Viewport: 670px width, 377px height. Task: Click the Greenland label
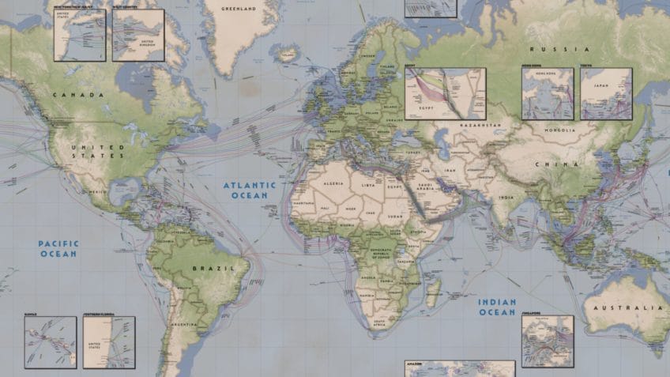point(240,9)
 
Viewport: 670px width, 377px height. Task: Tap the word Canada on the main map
point(78,95)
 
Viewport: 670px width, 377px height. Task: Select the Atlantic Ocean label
point(249,190)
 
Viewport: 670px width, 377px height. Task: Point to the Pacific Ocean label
point(58,249)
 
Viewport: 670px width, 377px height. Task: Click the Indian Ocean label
point(497,307)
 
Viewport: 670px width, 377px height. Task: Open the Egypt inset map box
point(445,93)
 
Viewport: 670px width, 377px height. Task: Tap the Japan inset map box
point(606,93)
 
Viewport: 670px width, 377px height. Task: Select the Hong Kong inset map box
point(548,93)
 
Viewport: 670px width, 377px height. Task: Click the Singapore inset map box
point(548,341)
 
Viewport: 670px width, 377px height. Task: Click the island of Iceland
point(287,54)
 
